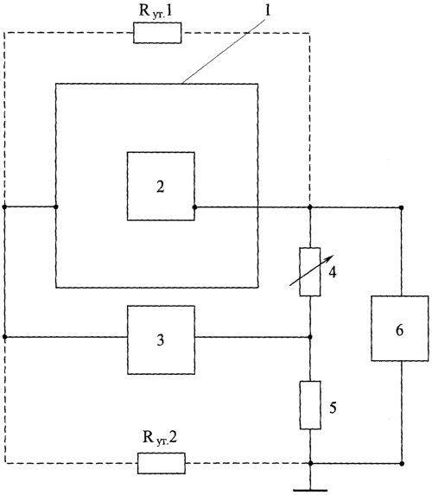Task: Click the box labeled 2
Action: pos(161,187)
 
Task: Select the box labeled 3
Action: pos(161,340)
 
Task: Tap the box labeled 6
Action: pos(400,328)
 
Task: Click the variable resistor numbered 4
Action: pos(310,272)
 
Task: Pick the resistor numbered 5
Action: pos(310,405)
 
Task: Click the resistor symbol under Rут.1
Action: pos(157,33)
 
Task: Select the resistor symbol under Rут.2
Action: pos(162,463)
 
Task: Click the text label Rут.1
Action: pos(156,11)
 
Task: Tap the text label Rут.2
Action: pos(160,438)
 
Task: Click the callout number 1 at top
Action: pos(268,11)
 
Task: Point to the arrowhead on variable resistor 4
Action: pos(330,257)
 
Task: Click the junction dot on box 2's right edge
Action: pos(194,207)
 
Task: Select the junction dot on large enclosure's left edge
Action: pos(56,206)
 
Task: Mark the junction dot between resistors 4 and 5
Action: pos(310,337)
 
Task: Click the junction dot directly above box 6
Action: pos(402,207)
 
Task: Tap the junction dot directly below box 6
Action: pos(402,463)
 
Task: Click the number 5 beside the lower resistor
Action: pos(333,408)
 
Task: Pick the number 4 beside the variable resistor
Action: pos(333,272)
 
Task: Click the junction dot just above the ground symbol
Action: pos(310,463)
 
